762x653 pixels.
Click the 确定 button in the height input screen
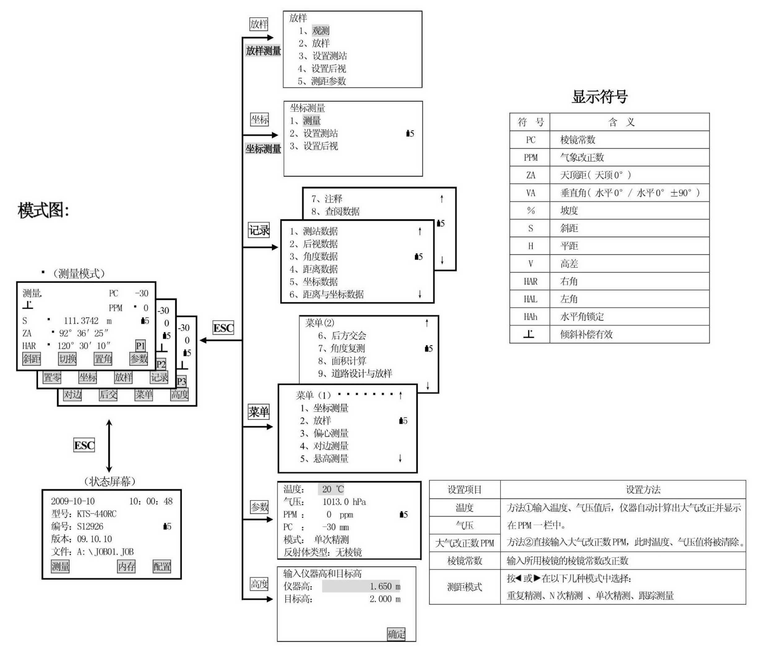pos(396,634)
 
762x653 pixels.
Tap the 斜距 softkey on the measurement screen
pos(32,359)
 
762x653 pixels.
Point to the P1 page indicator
pos(140,345)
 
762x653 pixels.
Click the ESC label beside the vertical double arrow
pos(84,445)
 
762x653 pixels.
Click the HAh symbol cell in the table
pos(530,316)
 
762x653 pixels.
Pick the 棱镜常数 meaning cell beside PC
pos(577,140)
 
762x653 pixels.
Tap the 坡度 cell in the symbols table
pos(569,211)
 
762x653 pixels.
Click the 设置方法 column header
pos(643,490)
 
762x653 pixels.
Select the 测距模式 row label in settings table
pos(464,587)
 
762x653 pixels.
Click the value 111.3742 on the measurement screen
pos(81,320)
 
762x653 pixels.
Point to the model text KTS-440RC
pos(97,513)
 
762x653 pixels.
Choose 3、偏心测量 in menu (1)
pos(324,433)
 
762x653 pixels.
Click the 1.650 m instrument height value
pos(385,586)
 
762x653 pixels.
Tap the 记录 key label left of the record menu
pos(259,230)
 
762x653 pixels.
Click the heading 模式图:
pos(43,210)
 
